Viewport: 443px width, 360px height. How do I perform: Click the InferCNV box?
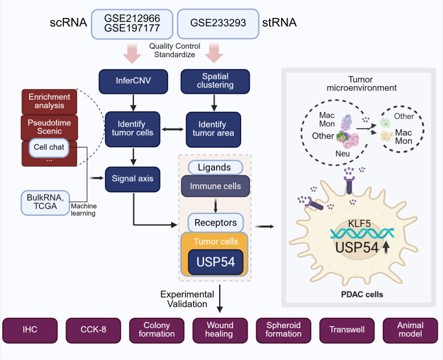point(133,81)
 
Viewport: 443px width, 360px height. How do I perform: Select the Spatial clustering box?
point(215,81)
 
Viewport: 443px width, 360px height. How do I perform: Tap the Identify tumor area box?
point(213,130)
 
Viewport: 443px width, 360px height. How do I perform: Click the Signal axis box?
point(133,179)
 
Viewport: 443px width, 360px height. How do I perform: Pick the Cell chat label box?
point(49,147)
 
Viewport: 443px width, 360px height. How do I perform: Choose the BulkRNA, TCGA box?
point(45,203)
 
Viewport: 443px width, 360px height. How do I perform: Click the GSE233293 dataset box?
point(218,24)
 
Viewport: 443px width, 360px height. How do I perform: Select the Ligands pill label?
point(215,168)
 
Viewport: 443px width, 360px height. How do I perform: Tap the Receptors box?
point(216,223)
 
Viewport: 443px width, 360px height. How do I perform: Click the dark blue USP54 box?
point(216,262)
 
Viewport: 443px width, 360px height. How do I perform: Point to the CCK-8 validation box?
point(93,330)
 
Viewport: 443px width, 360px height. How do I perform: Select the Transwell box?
point(347,330)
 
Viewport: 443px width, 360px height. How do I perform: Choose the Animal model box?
point(410,330)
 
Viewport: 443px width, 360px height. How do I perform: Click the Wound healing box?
point(220,330)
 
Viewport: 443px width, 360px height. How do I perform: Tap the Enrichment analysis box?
point(49,101)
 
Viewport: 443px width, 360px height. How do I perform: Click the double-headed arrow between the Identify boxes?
point(173,129)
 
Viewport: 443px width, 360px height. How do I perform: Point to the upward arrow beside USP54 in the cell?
point(386,248)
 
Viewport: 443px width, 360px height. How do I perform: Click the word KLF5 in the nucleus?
point(359,224)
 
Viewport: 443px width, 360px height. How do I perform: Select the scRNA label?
point(68,23)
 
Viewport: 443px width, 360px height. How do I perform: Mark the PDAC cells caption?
point(362,294)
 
